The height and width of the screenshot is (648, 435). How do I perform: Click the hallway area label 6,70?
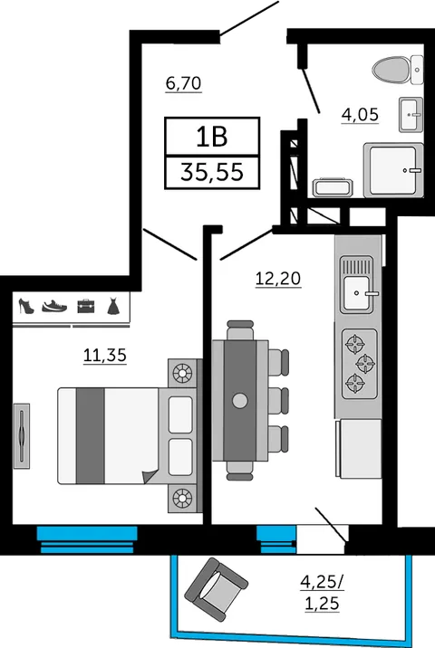point(183,83)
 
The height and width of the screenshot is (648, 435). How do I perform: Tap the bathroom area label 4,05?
point(360,114)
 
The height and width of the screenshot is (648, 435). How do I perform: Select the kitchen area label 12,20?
point(278,279)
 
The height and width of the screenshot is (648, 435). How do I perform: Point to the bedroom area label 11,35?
point(105,355)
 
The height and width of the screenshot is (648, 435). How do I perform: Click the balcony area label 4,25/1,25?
point(322,593)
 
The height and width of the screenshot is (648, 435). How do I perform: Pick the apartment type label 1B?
point(212,137)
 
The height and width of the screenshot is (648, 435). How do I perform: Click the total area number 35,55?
point(212,172)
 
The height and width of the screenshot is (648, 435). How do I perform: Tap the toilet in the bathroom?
point(397,70)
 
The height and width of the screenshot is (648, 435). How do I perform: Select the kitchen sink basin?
point(356,293)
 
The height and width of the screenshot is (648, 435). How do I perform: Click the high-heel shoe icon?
point(26,306)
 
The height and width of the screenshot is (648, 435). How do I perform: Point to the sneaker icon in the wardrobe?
point(54,306)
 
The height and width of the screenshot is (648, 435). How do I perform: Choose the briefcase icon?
point(86,306)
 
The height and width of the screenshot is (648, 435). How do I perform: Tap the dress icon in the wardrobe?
point(113,306)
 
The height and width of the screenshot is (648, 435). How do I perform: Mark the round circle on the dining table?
point(240,400)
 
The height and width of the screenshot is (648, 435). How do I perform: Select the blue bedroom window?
point(87,539)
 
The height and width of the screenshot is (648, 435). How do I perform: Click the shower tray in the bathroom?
point(393,170)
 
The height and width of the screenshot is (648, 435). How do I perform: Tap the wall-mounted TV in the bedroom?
point(22,436)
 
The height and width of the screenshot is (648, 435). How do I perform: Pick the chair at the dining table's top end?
point(240,329)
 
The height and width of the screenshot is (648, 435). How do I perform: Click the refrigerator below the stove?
point(359,449)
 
